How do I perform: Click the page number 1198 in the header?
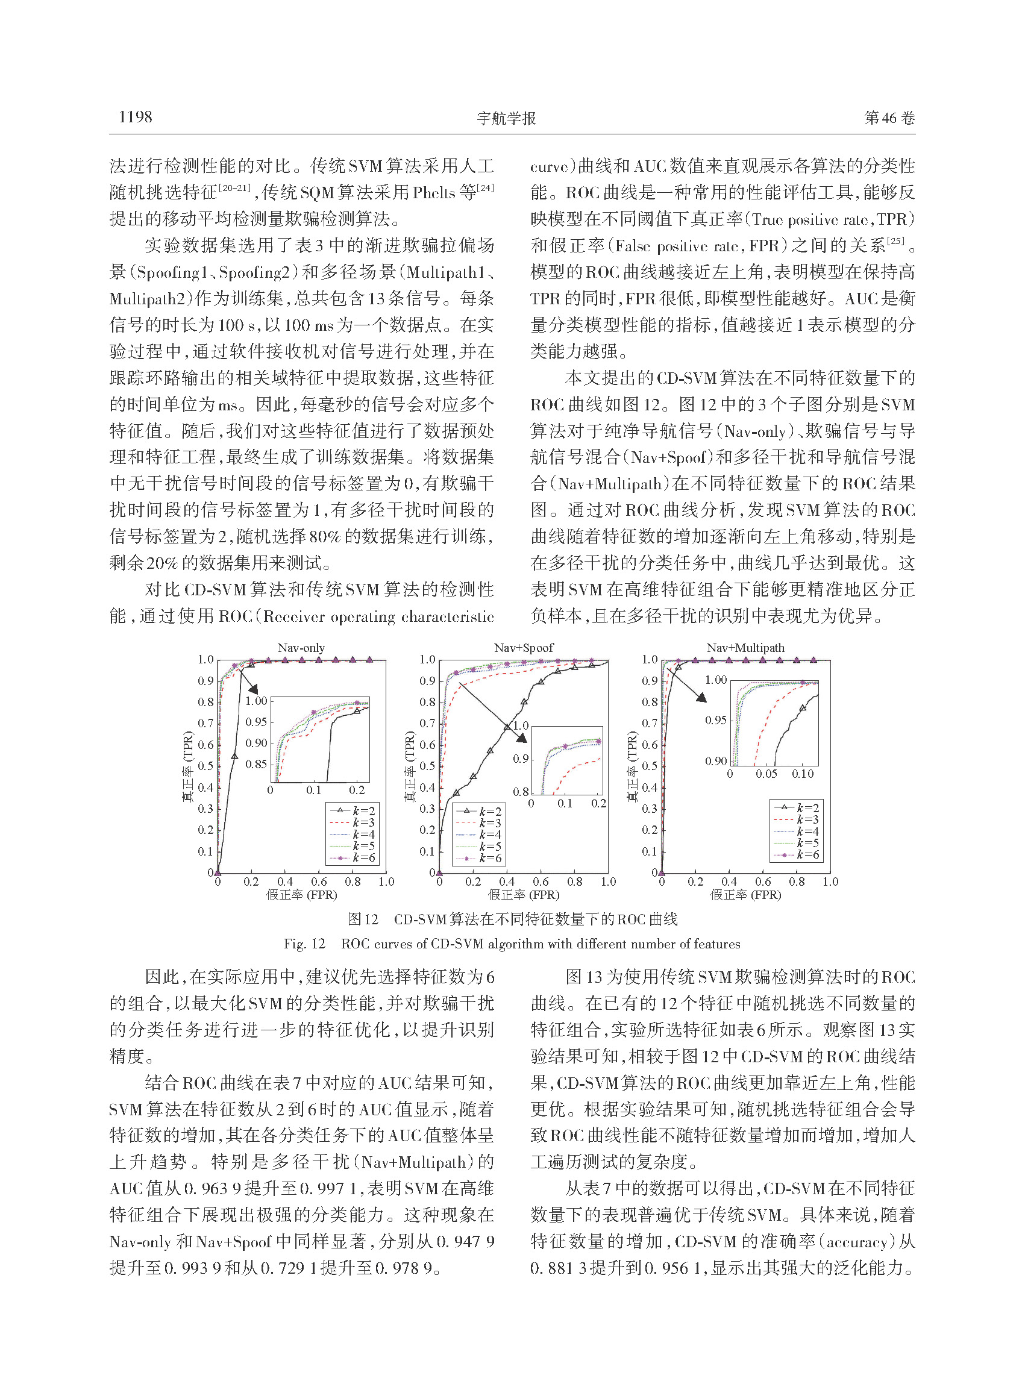click(x=135, y=117)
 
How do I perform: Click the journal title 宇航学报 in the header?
click(x=506, y=118)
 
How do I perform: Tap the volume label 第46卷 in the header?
click(x=889, y=118)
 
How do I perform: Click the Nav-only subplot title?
click(x=301, y=648)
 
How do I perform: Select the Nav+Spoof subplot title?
click(x=524, y=648)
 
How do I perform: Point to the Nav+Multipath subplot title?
click(x=745, y=648)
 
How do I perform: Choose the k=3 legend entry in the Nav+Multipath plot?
click(x=797, y=819)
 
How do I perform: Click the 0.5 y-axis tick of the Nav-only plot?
click(x=205, y=766)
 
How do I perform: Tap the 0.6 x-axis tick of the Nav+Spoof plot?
click(x=541, y=882)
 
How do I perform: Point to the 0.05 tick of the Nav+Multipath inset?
click(x=766, y=774)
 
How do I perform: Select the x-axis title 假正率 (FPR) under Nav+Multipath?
click(x=745, y=895)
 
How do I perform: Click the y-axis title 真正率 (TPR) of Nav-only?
click(x=187, y=766)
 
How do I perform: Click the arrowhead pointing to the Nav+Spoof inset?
click(x=522, y=737)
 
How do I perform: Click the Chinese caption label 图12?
click(x=363, y=919)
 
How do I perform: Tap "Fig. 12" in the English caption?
click(x=304, y=944)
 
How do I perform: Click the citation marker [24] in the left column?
click(x=485, y=187)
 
